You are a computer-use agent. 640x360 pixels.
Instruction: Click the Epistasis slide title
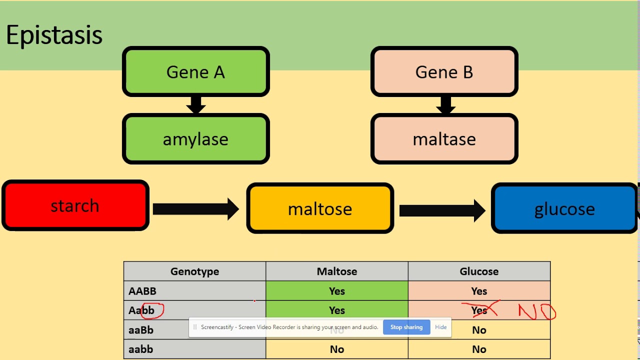pos(54,35)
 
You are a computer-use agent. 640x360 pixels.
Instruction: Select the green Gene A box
pos(195,72)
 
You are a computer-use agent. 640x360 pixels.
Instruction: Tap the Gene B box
pos(444,72)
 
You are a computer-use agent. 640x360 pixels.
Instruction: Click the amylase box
pos(195,139)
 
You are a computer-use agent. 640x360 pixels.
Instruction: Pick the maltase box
pos(444,139)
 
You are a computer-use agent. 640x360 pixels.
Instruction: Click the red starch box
pos(75,205)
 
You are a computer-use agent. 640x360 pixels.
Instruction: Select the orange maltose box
pos(320,208)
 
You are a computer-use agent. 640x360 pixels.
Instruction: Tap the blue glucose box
pos(564,208)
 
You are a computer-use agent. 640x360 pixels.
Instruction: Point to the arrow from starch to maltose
pos(195,209)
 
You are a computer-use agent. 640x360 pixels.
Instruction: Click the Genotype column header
pos(194,271)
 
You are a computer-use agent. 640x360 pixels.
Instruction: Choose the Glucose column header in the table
pos(479,271)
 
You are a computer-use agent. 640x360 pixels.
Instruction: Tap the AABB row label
pos(142,291)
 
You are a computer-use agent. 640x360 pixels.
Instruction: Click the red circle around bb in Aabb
pos(152,310)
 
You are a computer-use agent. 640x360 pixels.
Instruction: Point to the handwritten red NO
pos(536,312)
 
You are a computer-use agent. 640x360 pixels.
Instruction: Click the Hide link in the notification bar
pos(440,327)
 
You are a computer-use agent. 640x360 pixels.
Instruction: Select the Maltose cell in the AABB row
pos(336,291)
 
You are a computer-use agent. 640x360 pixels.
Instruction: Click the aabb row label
pos(140,349)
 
